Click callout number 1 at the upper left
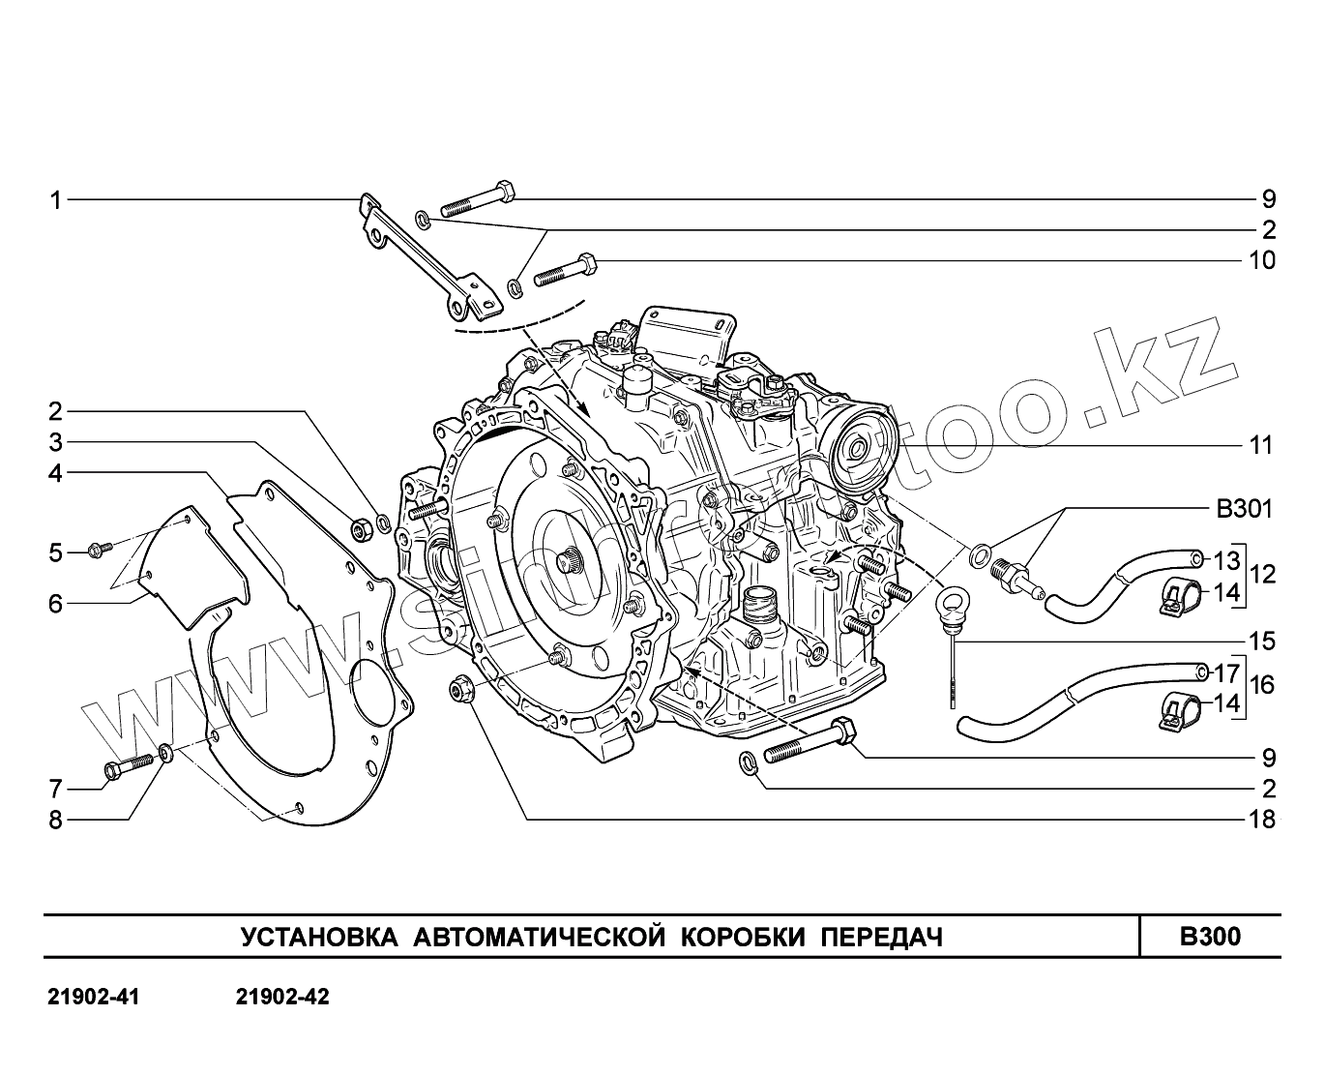point(56,200)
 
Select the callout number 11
point(1261,446)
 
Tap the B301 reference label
point(1243,510)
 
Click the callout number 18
point(1262,820)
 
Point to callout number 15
point(1262,642)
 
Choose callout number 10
point(1262,260)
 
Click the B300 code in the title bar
point(1210,937)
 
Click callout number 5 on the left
point(56,552)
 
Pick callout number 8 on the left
point(56,820)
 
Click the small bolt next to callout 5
point(99,551)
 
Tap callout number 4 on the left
point(56,473)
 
